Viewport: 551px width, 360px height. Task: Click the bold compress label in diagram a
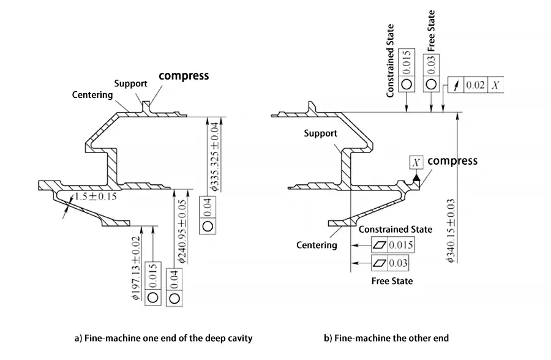click(184, 76)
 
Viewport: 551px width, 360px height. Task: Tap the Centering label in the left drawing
click(92, 95)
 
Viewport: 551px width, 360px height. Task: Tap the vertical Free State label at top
click(431, 30)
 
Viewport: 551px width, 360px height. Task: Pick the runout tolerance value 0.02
click(476, 85)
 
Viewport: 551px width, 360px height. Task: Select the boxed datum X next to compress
click(417, 162)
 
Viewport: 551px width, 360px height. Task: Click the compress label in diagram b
click(452, 161)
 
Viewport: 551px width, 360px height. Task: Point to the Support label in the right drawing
click(321, 133)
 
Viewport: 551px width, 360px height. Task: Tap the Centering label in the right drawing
click(317, 245)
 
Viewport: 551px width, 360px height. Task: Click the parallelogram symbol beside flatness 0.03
click(380, 264)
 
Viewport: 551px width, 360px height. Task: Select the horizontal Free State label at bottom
click(392, 281)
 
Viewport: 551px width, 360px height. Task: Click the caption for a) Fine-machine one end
click(163, 338)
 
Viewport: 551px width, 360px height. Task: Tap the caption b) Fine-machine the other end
click(386, 338)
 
